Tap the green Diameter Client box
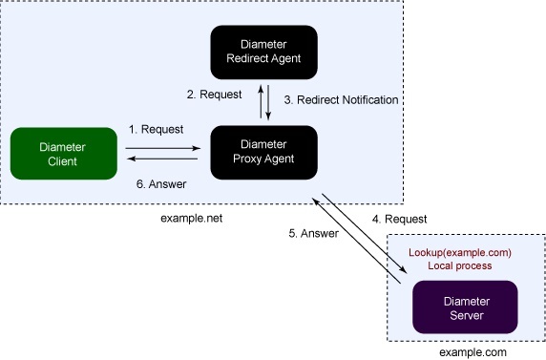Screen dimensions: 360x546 (x=57, y=154)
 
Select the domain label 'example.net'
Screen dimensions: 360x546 (x=192, y=218)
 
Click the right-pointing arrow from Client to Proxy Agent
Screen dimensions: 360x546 (x=161, y=147)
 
